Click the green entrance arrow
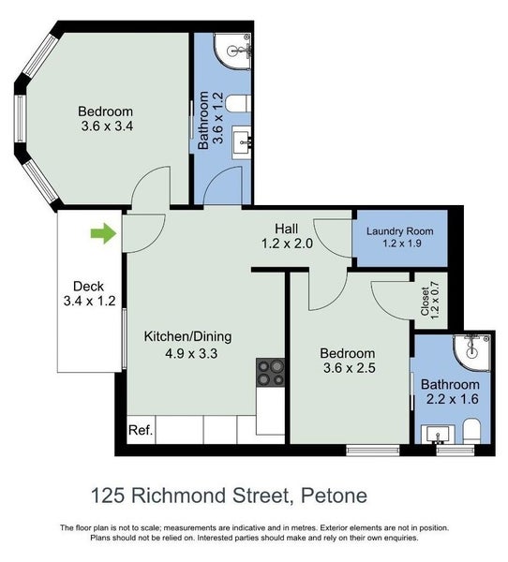(103, 233)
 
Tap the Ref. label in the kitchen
(141, 430)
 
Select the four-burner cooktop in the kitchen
(271, 372)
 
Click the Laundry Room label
(399, 231)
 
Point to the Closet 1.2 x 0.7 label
(430, 301)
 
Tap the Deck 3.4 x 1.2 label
(89, 293)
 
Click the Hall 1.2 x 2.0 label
(287, 236)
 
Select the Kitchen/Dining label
(187, 336)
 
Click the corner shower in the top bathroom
(232, 52)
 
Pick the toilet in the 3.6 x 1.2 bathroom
(238, 104)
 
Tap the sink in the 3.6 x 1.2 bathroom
(242, 142)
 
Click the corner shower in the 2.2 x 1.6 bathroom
(471, 353)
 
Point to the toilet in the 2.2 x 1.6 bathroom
(471, 432)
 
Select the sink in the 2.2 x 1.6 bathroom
(438, 436)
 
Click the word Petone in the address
(334, 495)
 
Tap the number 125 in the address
(108, 495)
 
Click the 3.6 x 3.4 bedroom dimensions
(107, 126)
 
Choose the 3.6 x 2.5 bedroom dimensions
(349, 368)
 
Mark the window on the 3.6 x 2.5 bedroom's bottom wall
(373, 451)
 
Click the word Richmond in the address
(179, 495)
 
